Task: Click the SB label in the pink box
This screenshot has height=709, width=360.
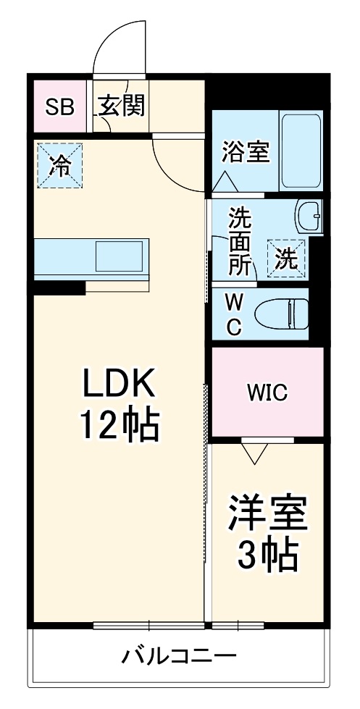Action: point(59,107)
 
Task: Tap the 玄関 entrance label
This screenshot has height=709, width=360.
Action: point(122,106)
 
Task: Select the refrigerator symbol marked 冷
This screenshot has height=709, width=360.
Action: point(60,166)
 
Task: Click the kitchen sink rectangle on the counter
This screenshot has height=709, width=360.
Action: point(120,257)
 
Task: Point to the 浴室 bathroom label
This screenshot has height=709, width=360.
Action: point(246,153)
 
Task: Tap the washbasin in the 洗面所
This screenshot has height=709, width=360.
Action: point(309,216)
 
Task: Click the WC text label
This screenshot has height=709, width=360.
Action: point(235,314)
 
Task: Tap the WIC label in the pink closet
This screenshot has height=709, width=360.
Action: point(267,393)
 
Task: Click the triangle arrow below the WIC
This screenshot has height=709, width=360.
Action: point(254,453)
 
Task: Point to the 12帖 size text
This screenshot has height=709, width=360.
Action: point(118,428)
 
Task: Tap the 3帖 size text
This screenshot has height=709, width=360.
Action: point(267,555)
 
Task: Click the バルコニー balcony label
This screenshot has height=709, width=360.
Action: point(178,658)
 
